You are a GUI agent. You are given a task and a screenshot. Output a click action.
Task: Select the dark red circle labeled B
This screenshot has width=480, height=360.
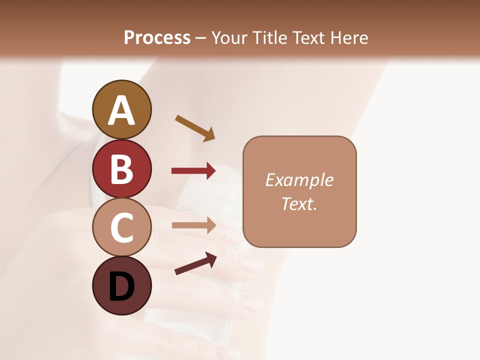pyautogui.click(x=121, y=168)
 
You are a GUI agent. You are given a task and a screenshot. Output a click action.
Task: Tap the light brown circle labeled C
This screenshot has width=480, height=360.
pyautogui.click(x=121, y=227)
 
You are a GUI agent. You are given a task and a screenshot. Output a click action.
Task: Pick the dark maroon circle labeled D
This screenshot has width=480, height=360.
pyautogui.click(x=121, y=286)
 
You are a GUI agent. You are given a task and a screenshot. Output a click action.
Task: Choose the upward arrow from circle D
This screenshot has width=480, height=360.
pyautogui.click(x=195, y=263)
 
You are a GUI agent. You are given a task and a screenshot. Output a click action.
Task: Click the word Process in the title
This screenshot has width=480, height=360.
pyautogui.click(x=157, y=38)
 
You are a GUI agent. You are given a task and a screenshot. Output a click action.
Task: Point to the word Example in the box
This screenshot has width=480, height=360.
pyautogui.click(x=299, y=180)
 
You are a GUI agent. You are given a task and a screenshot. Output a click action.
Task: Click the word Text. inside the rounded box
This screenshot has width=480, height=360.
pyautogui.click(x=299, y=203)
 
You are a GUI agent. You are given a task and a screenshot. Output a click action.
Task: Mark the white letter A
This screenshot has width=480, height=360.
pyautogui.click(x=121, y=110)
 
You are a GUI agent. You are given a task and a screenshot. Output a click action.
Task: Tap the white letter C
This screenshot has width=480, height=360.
pyautogui.click(x=121, y=228)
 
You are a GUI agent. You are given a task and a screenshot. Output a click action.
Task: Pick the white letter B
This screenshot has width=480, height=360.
pyautogui.click(x=121, y=169)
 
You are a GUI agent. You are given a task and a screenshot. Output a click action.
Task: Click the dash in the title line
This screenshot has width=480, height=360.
pyautogui.click(x=201, y=38)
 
